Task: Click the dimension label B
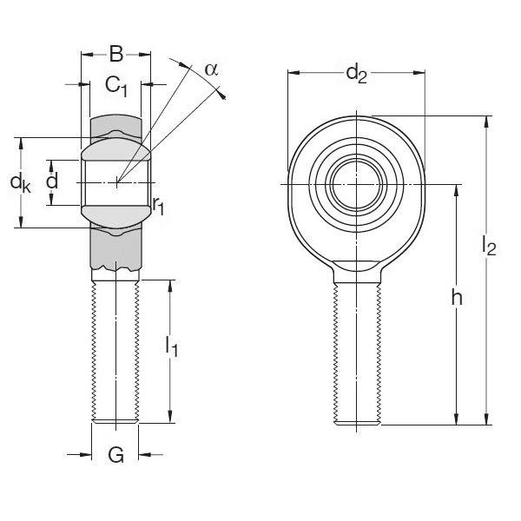(x=115, y=54)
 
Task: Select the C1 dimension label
(x=116, y=84)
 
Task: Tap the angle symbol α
(x=211, y=69)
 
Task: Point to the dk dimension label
(x=20, y=182)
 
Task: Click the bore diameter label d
(x=52, y=181)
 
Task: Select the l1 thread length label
(x=172, y=347)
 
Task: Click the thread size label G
(x=115, y=454)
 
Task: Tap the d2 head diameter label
(x=356, y=74)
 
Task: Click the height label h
(x=456, y=298)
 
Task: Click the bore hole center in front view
(x=357, y=183)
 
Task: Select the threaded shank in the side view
(x=115, y=347)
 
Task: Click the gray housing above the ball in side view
(x=115, y=127)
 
